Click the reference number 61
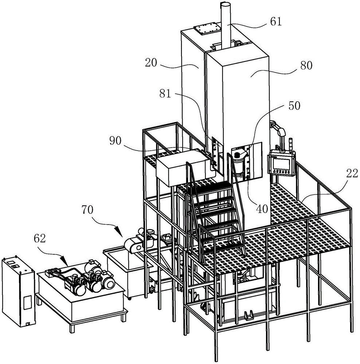(276, 22)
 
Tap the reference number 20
(151, 63)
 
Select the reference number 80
(306, 66)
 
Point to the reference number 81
(165, 94)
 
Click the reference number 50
(294, 106)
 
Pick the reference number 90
(115, 141)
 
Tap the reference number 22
(352, 173)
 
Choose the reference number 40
(262, 209)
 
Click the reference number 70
(87, 210)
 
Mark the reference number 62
(40, 238)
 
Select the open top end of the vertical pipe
(225, 4)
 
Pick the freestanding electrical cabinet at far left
(18, 291)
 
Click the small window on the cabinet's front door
(27, 302)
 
